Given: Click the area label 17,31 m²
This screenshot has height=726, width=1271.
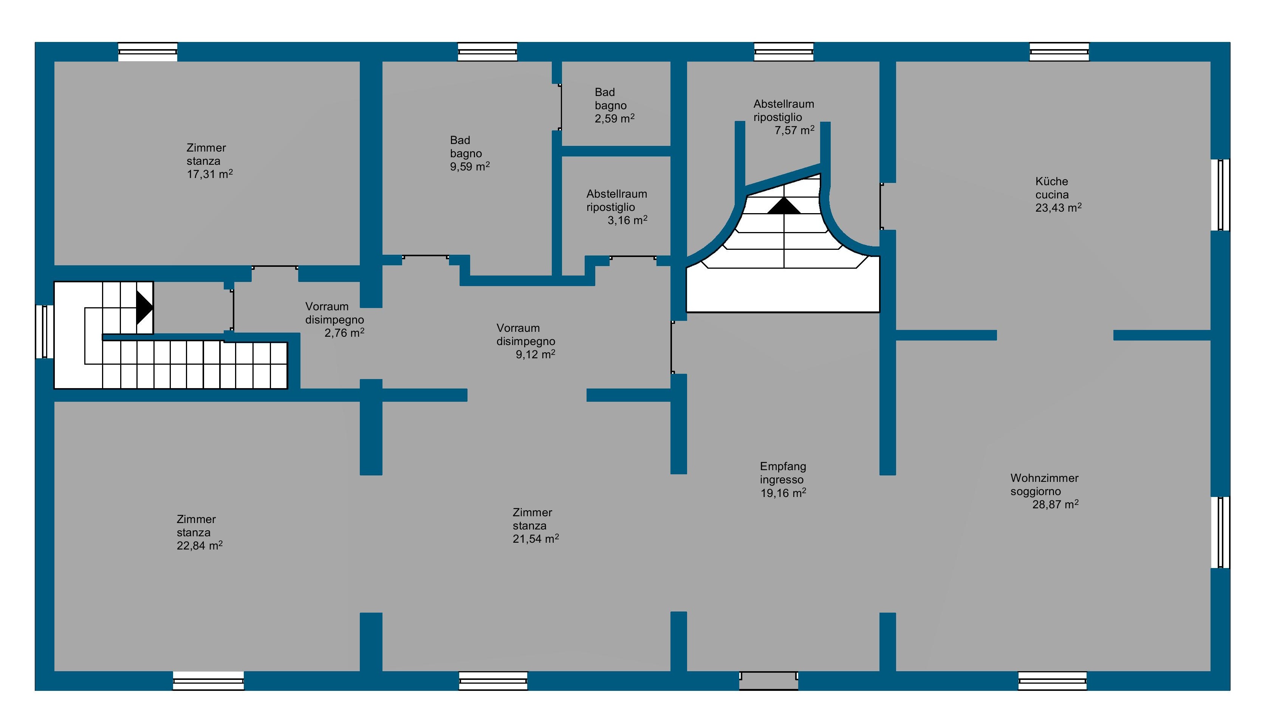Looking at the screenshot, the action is pos(209,174).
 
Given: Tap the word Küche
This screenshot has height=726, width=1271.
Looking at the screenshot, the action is pos(1051,181).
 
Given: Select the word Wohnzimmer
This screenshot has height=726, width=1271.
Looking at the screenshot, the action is pos(1044,478).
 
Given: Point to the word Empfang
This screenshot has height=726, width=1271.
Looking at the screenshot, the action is pos(783,466).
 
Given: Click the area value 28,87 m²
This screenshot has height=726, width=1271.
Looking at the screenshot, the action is pos(1055,504).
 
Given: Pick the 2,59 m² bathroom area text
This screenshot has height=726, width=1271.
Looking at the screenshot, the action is pos(614,118).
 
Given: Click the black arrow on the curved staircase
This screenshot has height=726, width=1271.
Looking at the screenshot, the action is pos(784,206).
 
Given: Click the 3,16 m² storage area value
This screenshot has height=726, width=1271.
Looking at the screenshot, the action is pos(627,220).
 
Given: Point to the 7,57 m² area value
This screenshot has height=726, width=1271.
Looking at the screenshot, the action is pos(794,130).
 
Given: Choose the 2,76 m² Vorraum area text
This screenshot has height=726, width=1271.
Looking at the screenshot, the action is pos(344,333).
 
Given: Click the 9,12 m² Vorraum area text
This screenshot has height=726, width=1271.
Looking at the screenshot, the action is pos(536,354).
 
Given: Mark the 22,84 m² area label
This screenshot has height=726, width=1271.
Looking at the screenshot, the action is pos(200,545).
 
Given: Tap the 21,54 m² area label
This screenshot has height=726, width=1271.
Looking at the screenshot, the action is pos(536,539).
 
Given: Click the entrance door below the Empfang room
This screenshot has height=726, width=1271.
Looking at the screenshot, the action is pos(768,681).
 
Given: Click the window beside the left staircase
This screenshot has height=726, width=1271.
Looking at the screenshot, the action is pos(44,331).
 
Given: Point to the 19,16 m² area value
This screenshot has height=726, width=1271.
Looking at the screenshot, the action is pos(783,493).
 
